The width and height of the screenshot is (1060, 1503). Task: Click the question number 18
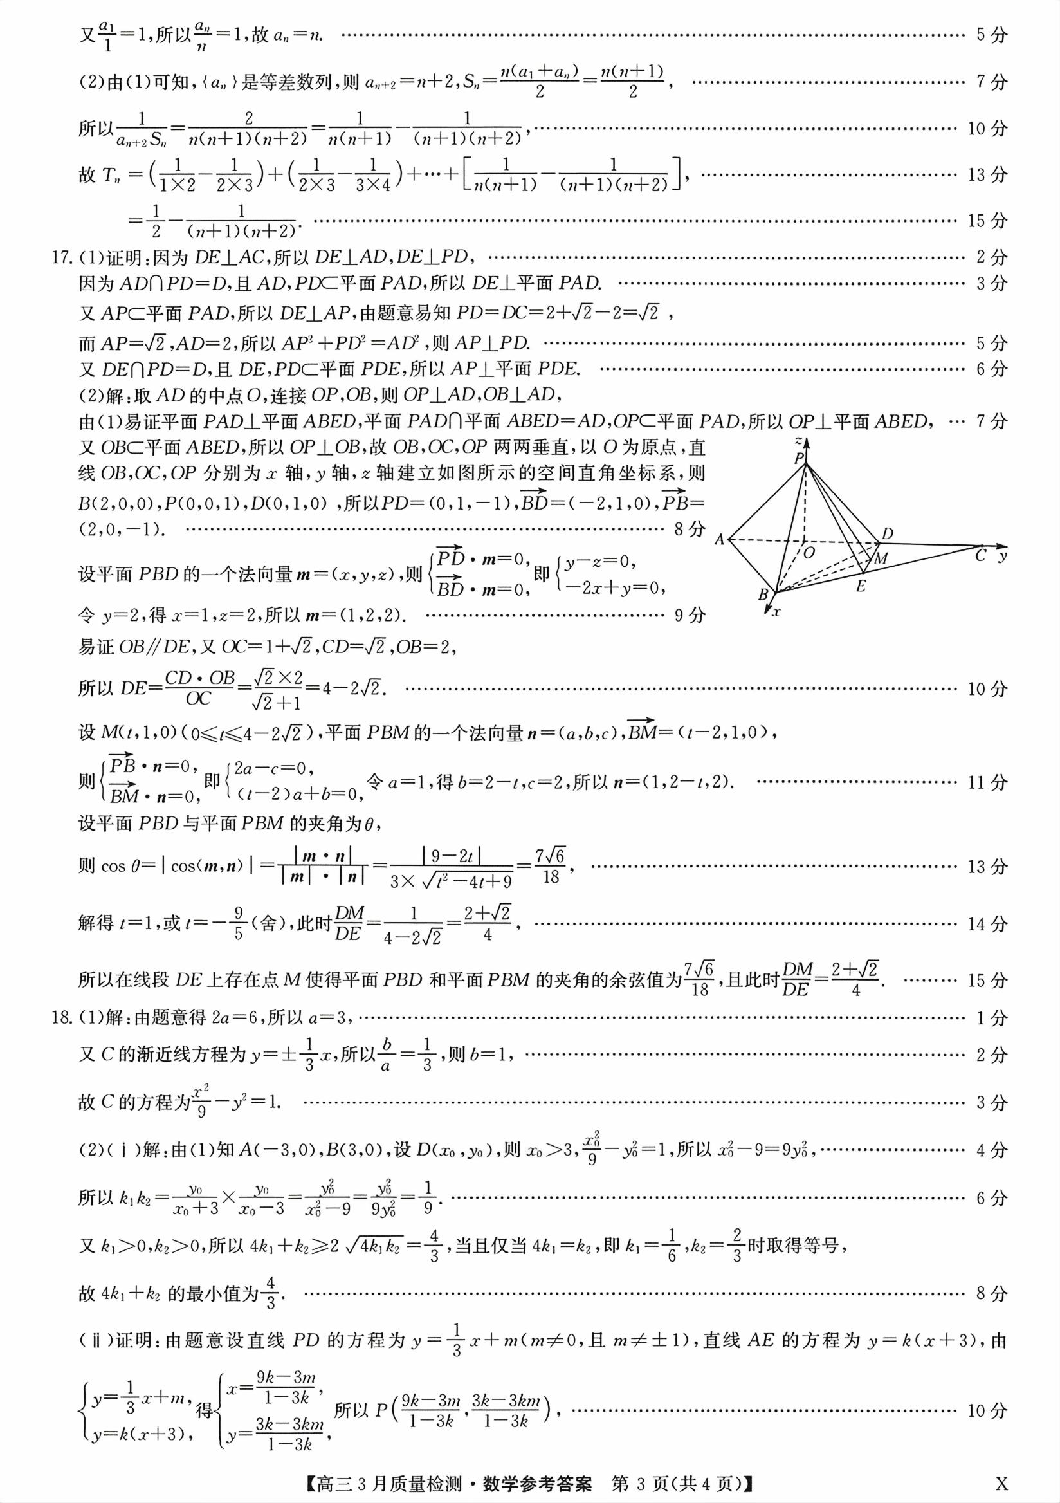[x=61, y=1017]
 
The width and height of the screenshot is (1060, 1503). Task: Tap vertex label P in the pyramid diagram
[x=799, y=458]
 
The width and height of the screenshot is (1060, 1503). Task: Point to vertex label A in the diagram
[x=719, y=539]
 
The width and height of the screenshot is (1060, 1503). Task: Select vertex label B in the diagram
[x=763, y=595]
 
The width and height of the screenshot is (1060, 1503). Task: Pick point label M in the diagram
[x=881, y=558]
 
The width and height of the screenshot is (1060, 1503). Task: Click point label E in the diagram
[x=861, y=587]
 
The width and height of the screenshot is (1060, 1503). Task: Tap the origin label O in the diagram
[x=809, y=553]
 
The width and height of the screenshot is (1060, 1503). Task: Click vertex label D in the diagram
[x=887, y=533]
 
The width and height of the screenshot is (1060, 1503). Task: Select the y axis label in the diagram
[x=1001, y=557]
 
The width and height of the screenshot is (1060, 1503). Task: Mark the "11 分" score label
[x=987, y=782]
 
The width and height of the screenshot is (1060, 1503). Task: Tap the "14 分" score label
[x=987, y=924]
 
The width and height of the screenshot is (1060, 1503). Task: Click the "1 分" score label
[x=992, y=1018]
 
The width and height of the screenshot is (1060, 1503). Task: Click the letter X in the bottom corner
[x=1001, y=1482]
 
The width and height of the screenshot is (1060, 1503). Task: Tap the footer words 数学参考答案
[x=537, y=1483]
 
